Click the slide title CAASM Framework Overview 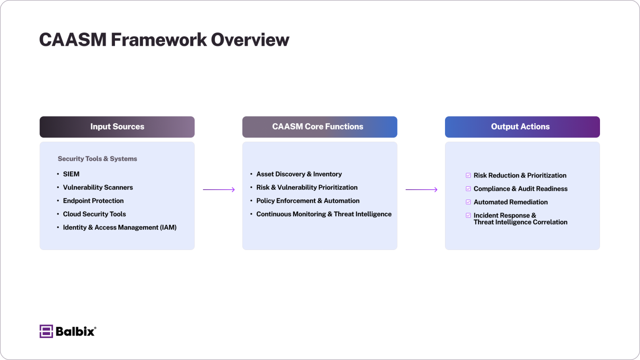[x=164, y=40]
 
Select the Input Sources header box [x=117, y=127]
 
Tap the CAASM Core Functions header [x=320, y=127]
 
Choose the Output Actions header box [x=522, y=127]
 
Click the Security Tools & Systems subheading [x=97, y=159]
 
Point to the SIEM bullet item [x=71, y=174]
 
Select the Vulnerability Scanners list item [x=98, y=187]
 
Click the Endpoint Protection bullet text [x=93, y=201]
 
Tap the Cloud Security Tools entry [x=94, y=214]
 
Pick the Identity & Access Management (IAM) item [x=120, y=227]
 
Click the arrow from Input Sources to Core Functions [x=219, y=190]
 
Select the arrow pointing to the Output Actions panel [x=421, y=190]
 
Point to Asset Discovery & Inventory [x=299, y=174]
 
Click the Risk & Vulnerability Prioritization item [x=307, y=187]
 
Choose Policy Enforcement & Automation [x=307, y=201]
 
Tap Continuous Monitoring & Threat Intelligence [x=324, y=214]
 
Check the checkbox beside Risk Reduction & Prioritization [x=468, y=175]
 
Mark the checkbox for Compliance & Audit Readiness [x=468, y=189]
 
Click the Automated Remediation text [x=510, y=202]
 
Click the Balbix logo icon [x=46, y=331]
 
